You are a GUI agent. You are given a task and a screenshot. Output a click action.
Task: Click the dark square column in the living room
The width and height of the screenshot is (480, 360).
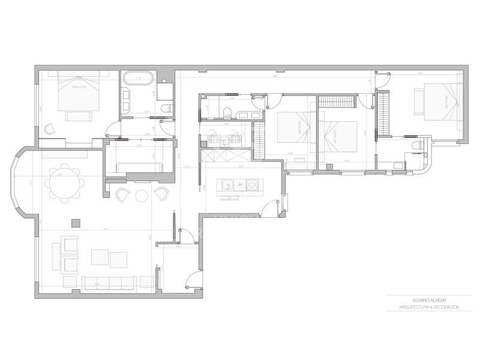pyautogui.click(x=75, y=223)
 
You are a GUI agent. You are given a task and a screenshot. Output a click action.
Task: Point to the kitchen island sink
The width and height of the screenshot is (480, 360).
pyautogui.click(x=227, y=184)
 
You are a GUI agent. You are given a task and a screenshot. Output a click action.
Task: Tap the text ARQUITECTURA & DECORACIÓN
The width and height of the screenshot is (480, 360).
pyautogui.click(x=428, y=307)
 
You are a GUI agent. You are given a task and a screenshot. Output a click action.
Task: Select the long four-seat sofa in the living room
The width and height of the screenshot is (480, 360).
pyautogui.click(x=110, y=281)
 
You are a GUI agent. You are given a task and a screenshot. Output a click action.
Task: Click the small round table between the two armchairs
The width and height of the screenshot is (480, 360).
pyautogui.click(x=142, y=195)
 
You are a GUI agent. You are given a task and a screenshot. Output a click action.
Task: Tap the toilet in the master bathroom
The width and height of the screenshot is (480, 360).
pyautogui.click(x=168, y=108)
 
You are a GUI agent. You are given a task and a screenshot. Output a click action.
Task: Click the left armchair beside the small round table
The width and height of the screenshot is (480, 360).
pyautogui.click(x=124, y=194)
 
